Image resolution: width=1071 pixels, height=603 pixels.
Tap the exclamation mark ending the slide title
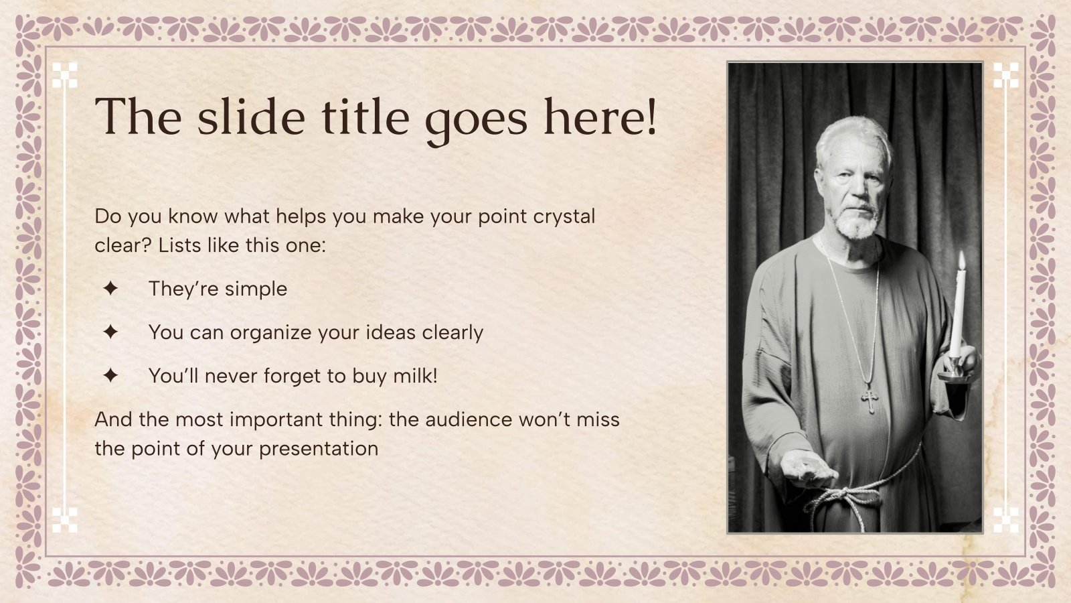click(649, 117)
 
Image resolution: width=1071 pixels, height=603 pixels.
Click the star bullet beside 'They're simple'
click(110, 289)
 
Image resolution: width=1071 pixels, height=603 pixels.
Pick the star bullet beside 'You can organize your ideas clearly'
click(110, 332)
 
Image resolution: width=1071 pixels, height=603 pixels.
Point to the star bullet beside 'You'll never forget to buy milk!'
click(110, 376)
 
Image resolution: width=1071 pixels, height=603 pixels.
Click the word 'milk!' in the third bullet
click(415, 376)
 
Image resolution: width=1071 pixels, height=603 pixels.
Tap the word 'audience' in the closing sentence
click(471, 419)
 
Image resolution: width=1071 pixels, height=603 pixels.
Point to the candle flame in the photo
click(961, 260)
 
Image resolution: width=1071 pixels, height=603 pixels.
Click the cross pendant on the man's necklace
click(870, 400)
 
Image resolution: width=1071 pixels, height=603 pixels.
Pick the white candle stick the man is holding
click(958, 312)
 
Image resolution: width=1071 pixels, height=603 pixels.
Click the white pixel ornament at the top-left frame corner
click(65, 75)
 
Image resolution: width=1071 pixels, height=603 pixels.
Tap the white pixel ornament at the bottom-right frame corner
click(1005, 520)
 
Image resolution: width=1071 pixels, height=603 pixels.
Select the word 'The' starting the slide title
click(138, 117)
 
